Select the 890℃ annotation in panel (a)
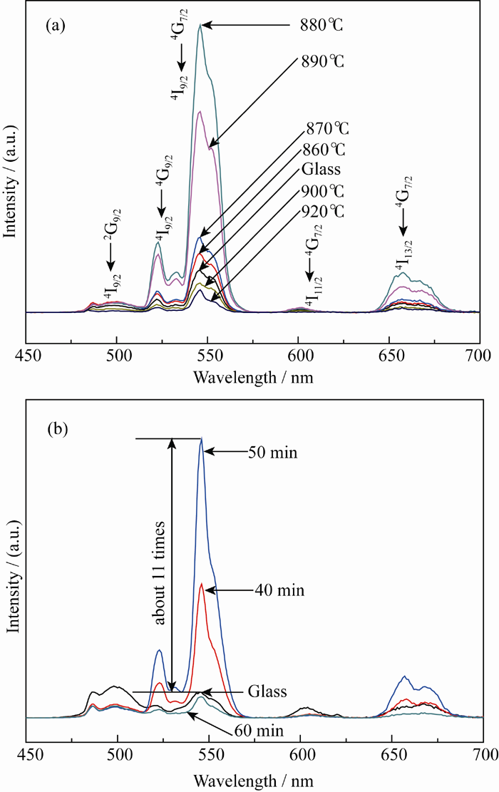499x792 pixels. tap(321, 61)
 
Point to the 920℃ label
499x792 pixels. tap(321, 212)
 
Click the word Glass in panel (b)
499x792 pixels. tap(267, 691)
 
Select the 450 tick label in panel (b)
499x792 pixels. tap(27, 754)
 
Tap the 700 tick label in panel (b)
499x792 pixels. tap(483, 754)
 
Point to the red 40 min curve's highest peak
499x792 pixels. tap(202, 584)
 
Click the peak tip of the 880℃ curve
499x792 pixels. tap(200, 25)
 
